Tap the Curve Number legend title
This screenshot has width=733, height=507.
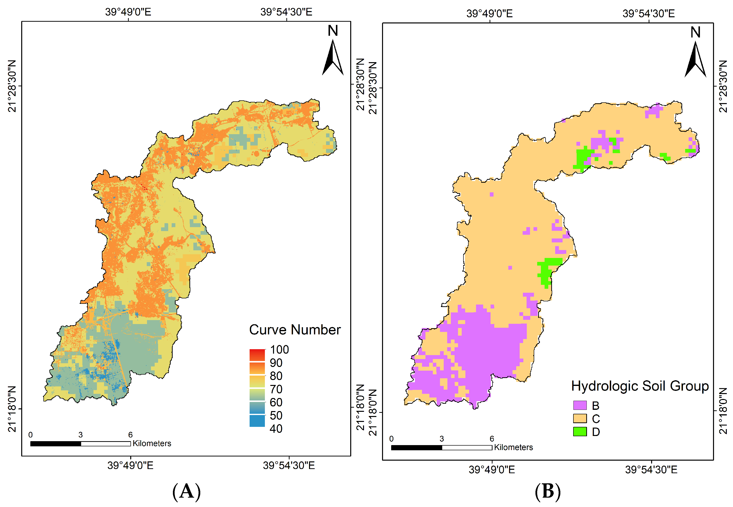coord(294,330)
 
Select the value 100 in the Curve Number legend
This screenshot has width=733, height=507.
coord(279,350)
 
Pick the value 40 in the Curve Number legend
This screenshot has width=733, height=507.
coord(276,429)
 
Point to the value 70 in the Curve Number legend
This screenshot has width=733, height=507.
coord(276,389)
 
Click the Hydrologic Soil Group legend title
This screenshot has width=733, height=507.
coord(640,386)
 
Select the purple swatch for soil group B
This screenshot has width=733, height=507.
coord(580,405)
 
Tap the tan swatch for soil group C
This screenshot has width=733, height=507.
coord(580,418)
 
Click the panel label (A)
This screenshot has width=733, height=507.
coord(186,491)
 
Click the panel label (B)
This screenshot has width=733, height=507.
coord(548,491)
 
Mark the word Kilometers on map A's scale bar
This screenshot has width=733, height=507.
coord(152,443)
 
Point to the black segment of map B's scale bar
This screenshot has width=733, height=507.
coord(416,448)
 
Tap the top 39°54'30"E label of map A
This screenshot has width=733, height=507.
coord(286,12)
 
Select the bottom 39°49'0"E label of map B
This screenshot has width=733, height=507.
coord(492,470)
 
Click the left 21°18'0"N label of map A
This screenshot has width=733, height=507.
coord(12,409)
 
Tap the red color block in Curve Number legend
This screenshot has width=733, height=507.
coord(257,355)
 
